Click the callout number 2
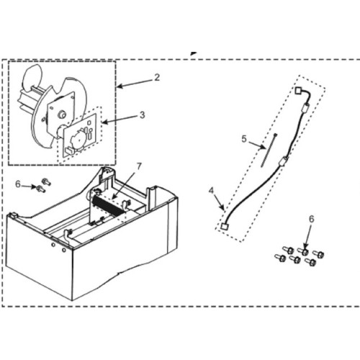tap(157, 76)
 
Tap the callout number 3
tap(143, 114)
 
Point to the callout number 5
tap(243, 138)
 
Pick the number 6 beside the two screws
tap(18, 184)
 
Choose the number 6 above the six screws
tap(312, 218)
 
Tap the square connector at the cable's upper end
tap(300, 91)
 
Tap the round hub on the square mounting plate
tap(60, 112)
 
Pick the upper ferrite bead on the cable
tap(304, 109)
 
